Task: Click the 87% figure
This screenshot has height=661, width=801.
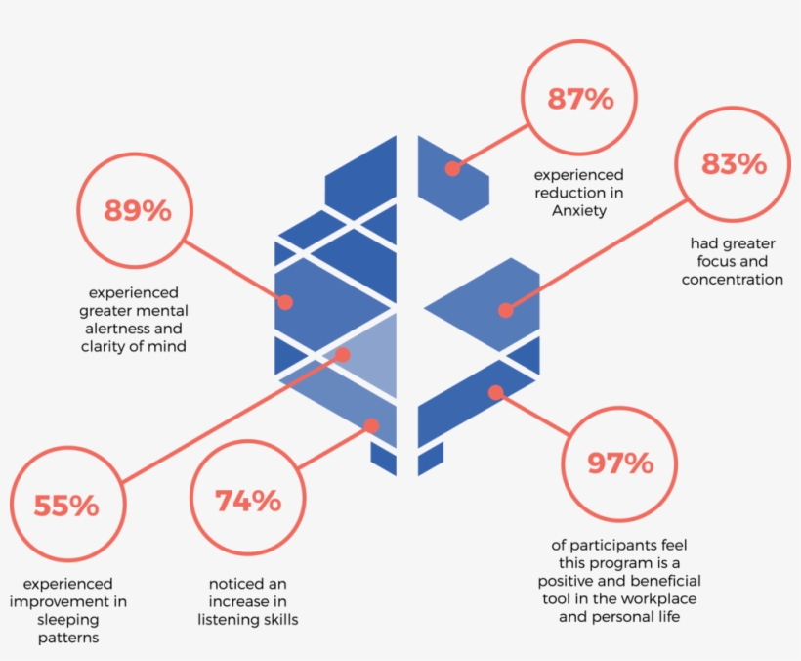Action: pyautogui.click(x=580, y=99)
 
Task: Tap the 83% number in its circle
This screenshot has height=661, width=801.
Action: pyautogui.click(x=734, y=164)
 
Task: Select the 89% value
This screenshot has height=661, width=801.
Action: pyautogui.click(x=138, y=210)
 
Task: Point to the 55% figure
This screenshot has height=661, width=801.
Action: pyautogui.click(x=66, y=506)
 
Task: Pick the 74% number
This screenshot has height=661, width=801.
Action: pyautogui.click(x=248, y=501)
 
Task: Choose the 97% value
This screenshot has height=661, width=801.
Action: pyautogui.click(x=620, y=463)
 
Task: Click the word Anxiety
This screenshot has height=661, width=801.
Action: pyautogui.click(x=579, y=210)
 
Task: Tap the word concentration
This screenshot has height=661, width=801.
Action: pyautogui.click(x=733, y=279)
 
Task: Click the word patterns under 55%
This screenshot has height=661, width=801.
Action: pyautogui.click(x=68, y=638)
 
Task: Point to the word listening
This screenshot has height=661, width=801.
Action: pyautogui.click(x=227, y=620)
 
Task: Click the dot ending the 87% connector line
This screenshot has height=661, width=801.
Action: pyautogui.click(x=452, y=169)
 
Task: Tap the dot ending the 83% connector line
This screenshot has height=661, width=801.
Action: pyautogui.click(x=506, y=310)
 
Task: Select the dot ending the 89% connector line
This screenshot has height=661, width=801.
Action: pyautogui.click(x=285, y=302)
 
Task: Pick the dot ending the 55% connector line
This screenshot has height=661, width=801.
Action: pyautogui.click(x=343, y=355)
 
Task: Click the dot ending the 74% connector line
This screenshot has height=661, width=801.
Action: pyautogui.click(x=371, y=426)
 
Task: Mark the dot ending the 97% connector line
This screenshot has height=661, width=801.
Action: pyautogui.click(x=495, y=393)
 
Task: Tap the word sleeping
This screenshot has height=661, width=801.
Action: pyautogui.click(x=68, y=620)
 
